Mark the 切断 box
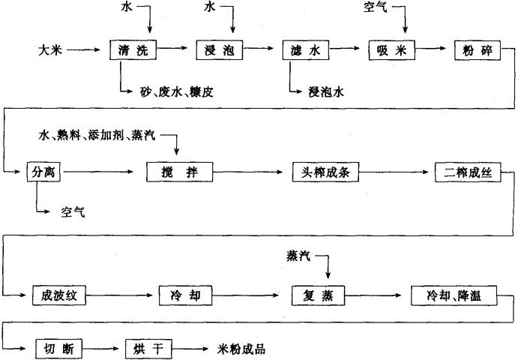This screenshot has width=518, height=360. [59, 348]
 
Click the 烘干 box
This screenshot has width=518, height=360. [150, 348]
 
